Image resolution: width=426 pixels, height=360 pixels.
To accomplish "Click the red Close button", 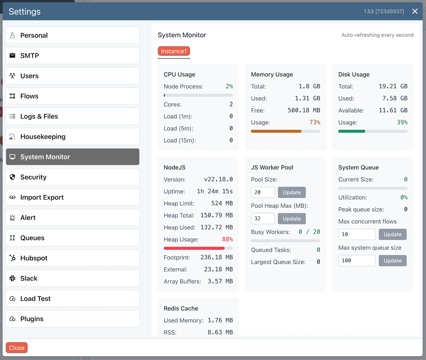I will (17, 348).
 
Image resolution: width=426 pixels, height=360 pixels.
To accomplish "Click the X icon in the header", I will (415, 11).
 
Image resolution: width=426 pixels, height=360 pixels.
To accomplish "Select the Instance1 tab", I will (174, 51).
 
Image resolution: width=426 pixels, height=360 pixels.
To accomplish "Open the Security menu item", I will (72, 177).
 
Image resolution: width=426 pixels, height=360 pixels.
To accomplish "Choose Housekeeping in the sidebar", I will (72, 137).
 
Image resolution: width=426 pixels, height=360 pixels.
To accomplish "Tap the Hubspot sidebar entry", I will (72, 258).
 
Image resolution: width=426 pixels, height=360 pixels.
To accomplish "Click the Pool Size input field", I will (263, 192).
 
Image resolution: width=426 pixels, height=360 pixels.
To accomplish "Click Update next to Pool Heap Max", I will (292, 219).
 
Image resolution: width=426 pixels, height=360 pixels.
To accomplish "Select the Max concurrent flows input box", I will (357, 234).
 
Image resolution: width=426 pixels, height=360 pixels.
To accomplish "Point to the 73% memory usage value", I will (315, 122).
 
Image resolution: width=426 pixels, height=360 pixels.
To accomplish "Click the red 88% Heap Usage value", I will (228, 240).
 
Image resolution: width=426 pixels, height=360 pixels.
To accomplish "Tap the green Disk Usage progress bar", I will (352, 131).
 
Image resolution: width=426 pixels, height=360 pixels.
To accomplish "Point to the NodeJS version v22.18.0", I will (218, 180).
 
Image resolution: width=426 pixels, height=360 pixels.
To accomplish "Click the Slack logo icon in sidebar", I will (12, 278).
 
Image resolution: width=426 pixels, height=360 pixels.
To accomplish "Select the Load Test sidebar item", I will (72, 299).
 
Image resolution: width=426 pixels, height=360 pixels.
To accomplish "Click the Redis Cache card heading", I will (181, 309).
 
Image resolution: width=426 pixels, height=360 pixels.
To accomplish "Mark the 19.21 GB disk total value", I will (393, 86).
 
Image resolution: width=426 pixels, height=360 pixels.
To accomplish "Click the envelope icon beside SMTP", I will (12, 56).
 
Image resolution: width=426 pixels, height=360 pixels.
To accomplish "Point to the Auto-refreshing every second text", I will (377, 35).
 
